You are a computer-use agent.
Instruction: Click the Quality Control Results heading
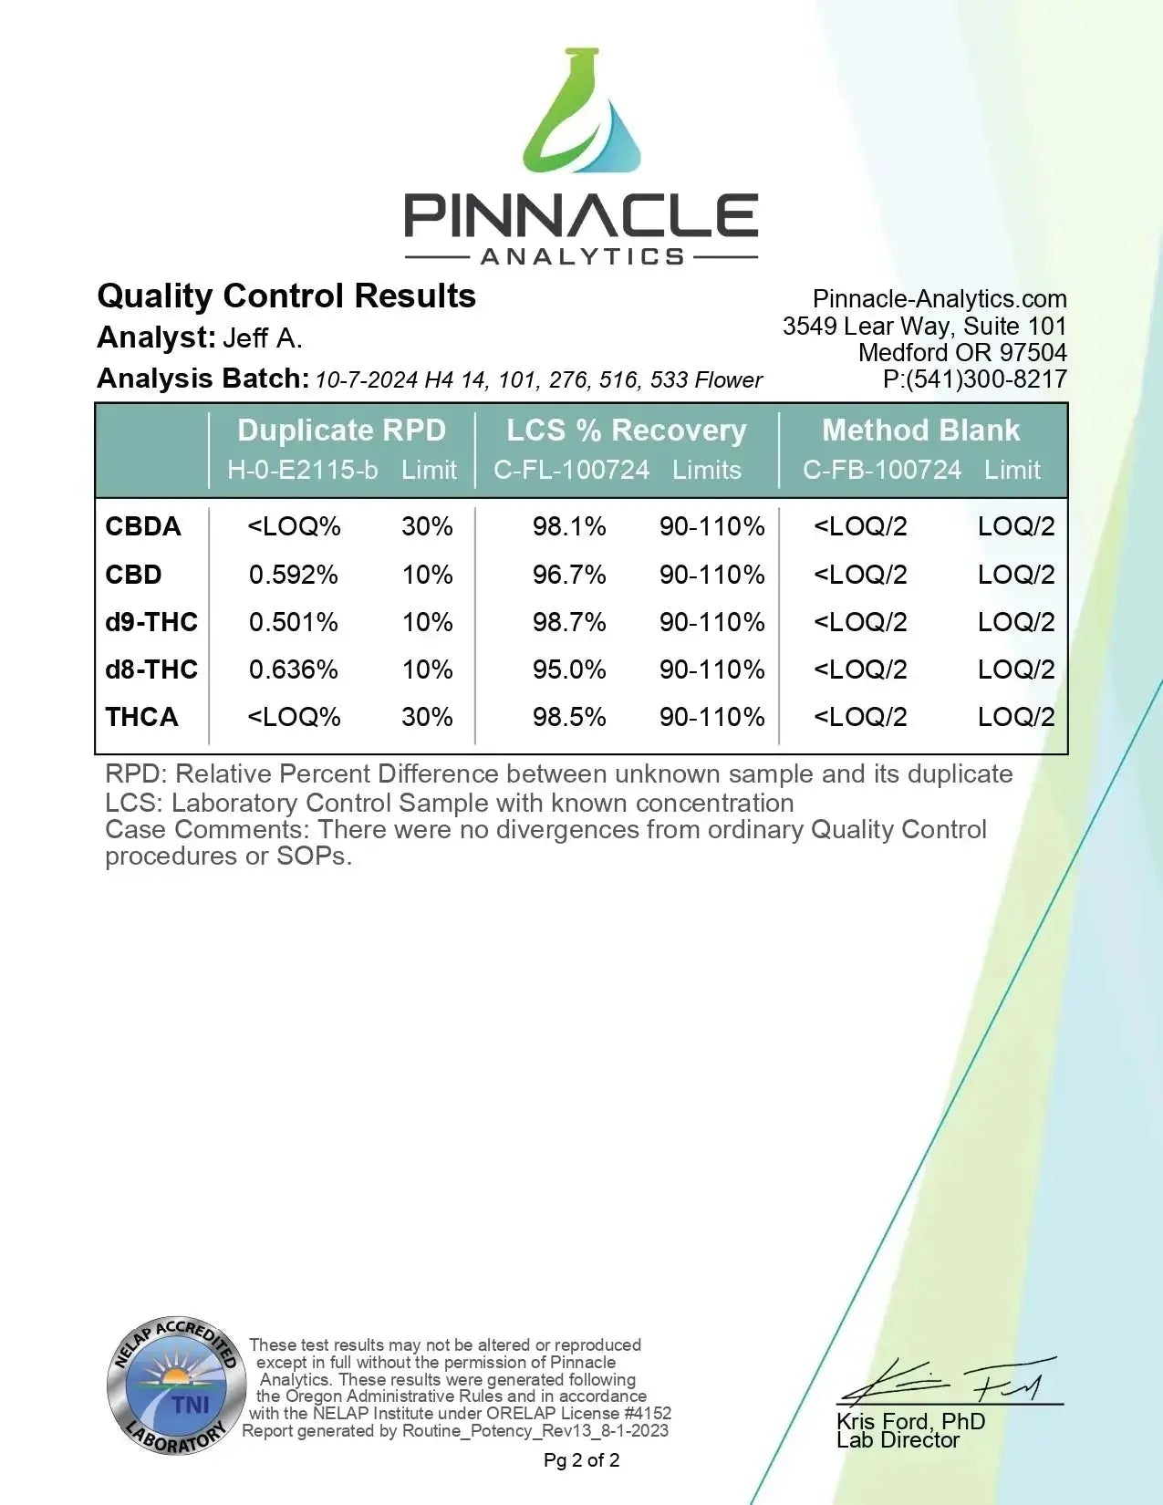point(286,296)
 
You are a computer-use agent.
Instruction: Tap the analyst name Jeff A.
point(263,338)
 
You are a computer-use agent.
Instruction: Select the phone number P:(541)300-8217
point(974,379)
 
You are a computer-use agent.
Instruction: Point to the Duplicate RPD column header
point(341,431)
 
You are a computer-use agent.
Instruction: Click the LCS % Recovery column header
point(627,431)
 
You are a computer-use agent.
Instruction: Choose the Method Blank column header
point(920,431)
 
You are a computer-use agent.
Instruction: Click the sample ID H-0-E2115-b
point(302,470)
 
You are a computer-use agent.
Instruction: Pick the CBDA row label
point(143,526)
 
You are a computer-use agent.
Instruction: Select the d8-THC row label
point(151,669)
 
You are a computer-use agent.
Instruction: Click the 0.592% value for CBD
point(294,575)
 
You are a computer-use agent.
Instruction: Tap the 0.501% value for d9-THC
point(294,622)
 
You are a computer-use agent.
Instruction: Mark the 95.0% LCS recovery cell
point(569,669)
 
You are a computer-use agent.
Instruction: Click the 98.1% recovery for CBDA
point(569,526)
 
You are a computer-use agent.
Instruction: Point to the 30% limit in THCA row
point(427,717)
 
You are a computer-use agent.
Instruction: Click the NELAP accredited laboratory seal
point(176,1386)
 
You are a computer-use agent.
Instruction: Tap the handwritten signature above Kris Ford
point(949,1383)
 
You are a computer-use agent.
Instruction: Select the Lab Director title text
point(898,1440)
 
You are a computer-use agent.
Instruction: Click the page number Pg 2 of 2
point(581,1460)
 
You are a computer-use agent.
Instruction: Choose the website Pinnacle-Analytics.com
point(940,299)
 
